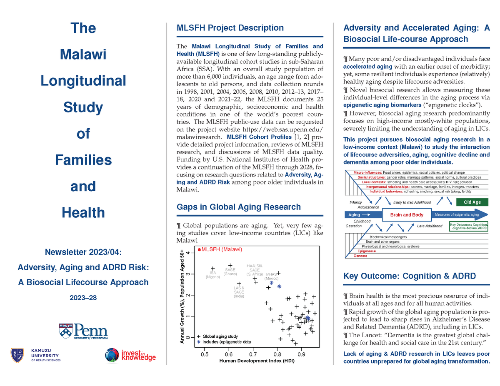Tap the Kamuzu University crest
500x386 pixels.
pos(17,354)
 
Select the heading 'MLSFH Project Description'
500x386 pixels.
pos(230,28)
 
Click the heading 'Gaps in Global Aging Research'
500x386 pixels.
pos(239,207)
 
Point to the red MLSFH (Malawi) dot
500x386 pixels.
pos(199,249)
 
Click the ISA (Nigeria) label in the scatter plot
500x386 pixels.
pos(213,275)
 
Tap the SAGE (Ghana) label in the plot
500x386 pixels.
pos(230,272)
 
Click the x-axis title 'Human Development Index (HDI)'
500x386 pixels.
pos(257,361)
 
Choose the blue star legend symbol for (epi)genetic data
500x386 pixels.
pos(199,342)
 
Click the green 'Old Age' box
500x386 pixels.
pos(472,202)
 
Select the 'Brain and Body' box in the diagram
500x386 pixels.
pos(406,215)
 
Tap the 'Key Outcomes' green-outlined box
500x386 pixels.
pos(469,226)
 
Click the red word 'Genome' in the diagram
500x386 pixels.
pos(360,256)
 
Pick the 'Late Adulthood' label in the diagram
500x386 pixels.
pos(430,226)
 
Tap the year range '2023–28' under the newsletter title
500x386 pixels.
pos(83,298)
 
